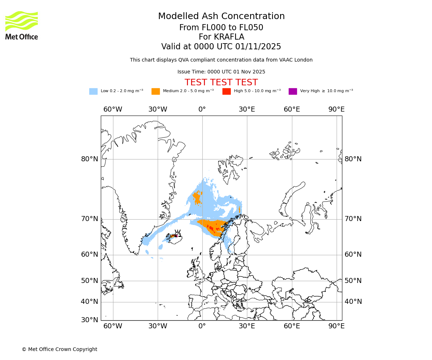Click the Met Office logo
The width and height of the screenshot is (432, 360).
22,25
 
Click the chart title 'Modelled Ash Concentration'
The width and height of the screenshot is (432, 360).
221,17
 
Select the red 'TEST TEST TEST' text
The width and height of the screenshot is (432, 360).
221,83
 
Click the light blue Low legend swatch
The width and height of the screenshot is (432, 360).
93,91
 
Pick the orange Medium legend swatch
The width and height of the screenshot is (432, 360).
156,91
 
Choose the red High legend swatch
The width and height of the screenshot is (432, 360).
226,91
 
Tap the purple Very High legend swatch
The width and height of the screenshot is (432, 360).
293,91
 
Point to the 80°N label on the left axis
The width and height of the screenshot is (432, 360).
89,159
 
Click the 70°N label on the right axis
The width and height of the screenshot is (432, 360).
353,219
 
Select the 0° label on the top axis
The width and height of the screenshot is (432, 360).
202,109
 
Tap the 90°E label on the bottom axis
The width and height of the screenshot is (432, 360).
337,326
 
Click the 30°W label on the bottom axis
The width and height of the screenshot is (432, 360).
158,326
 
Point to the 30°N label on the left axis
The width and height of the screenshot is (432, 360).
89,320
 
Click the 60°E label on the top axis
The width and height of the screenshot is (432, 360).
292,109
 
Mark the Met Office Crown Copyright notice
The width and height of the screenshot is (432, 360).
59,350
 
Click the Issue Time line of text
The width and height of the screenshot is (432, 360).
221,72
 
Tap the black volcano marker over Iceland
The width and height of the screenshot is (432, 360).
177,233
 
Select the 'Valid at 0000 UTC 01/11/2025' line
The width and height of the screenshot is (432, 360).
221,47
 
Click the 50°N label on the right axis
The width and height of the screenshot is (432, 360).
353,281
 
